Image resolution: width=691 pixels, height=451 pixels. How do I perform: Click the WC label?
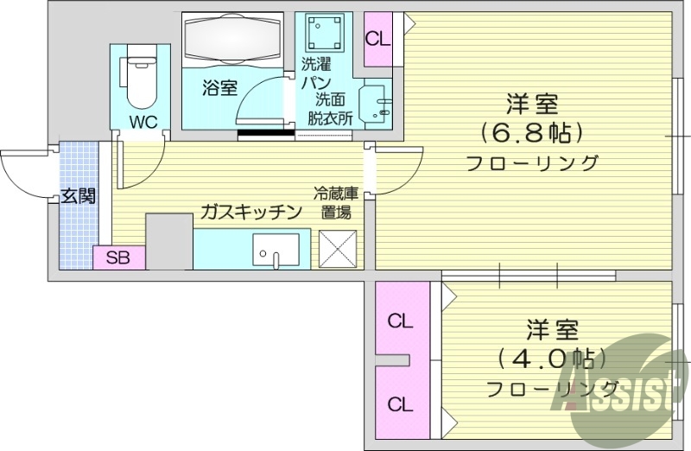[143, 122]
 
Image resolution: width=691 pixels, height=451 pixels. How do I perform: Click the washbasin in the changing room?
[376, 105]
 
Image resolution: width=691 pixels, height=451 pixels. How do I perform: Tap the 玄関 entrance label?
[78, 195]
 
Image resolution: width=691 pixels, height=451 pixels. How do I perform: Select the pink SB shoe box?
[119, 257]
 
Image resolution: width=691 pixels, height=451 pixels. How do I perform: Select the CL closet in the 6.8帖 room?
[377, 39]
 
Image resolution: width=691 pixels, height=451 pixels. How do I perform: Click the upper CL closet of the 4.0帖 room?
[399, 321]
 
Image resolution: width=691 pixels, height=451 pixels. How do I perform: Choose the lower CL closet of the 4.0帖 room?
[399, 403]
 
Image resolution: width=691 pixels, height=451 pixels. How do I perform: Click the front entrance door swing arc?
[26, 173]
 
